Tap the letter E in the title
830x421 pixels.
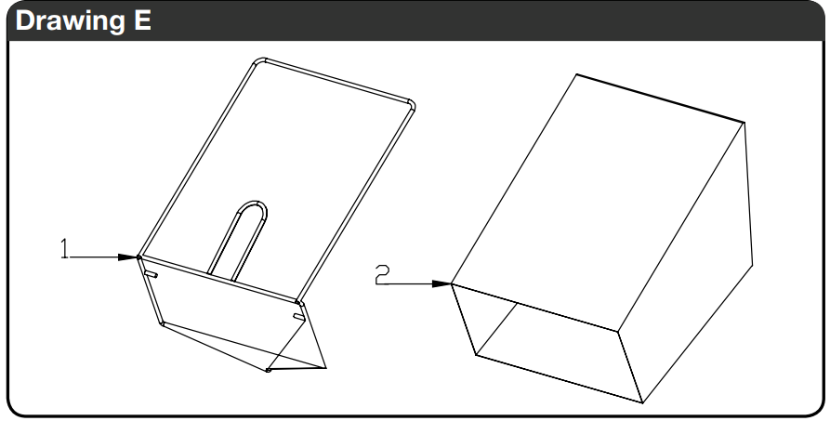[141, 20]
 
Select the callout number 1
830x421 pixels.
[64, 248]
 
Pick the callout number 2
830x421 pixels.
[382, 275]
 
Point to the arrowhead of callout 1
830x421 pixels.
[128, 257]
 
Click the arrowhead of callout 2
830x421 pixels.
[441, 283]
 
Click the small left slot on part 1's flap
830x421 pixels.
[151, 274]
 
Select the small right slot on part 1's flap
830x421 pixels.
[299, 317]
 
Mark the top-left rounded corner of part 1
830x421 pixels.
[258, 61]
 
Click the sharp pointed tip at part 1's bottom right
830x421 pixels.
[325, 367]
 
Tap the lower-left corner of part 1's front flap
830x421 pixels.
[162, 322]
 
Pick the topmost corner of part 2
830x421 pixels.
[576, 74]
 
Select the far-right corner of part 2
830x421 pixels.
[752, 265]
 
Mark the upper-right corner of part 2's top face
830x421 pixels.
[744, 123]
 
